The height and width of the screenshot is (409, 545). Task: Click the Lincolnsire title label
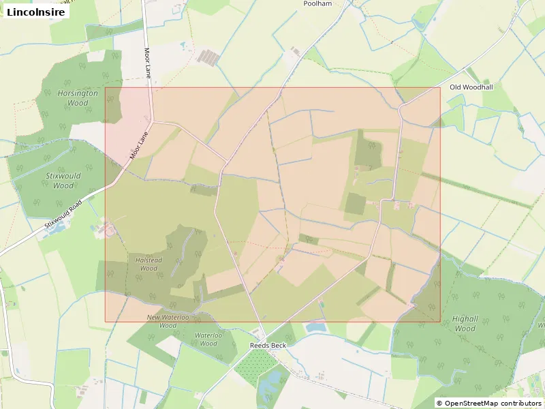(x=35, y=12)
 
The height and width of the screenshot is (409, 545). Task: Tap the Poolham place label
(x=317, y=4)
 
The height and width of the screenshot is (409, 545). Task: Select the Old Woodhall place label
(x=471, y=87)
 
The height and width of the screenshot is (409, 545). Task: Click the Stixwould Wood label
(x=63, y=181)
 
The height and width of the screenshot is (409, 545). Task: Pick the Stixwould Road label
(x=63, y=214)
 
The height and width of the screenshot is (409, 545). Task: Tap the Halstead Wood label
(x=149, y=264)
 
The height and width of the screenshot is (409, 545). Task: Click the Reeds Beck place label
(x=268, y=345)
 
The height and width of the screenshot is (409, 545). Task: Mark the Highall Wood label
(x=465, y=324)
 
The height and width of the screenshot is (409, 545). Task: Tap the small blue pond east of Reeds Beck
(x=316, y=328)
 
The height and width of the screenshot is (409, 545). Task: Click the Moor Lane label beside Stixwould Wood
(x=139, y=146)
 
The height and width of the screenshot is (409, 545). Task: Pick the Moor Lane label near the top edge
(x=147, y=63)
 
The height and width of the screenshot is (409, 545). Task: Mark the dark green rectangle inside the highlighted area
(x=355, y=203)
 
